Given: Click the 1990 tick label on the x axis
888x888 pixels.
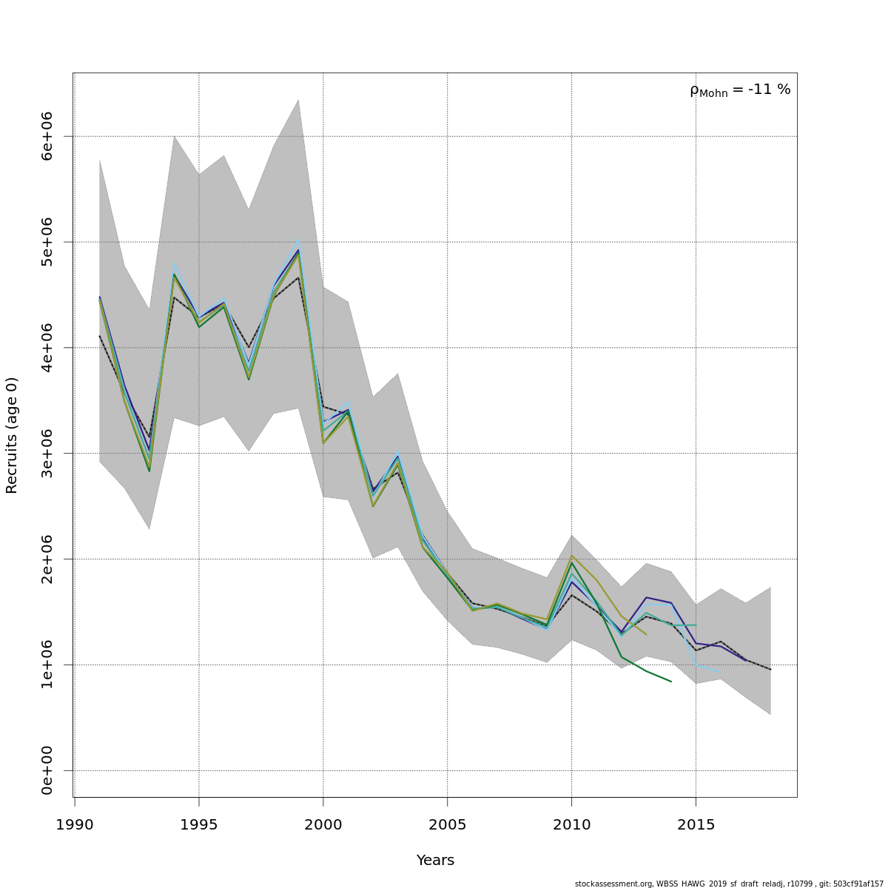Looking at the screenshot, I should [74, 824].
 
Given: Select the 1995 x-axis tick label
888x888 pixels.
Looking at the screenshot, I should [198, 824].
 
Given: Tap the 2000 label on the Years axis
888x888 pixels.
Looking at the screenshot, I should [323, 824].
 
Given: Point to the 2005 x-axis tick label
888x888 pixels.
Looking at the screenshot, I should [447, 824].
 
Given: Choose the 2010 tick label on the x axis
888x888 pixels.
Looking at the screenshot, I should [571, 824].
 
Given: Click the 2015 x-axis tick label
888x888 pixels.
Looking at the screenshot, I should [696, 824].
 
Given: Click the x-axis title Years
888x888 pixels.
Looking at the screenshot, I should [435, 860].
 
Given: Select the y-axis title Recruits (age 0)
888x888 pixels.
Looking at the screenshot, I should [12, 435].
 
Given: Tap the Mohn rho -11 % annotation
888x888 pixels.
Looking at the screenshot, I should [740, 90].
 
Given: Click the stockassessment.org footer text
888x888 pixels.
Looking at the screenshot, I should [729, 884].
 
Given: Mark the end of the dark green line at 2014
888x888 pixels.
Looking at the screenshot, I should [671, 682].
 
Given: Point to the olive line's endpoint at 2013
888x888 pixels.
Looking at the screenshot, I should [646, 634].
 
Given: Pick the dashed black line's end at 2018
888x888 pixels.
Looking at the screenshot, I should [770, 670].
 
